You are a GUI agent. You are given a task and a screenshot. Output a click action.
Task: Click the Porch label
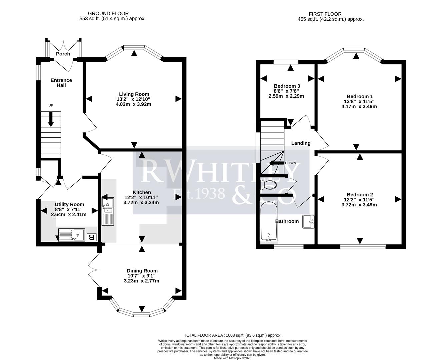(x=63, y=54)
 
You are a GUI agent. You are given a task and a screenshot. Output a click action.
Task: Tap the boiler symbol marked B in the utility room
(x=91, y=237)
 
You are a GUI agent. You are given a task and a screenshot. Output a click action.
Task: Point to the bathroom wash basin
(x=308, y=222)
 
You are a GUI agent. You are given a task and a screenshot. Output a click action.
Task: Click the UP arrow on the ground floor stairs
(x=51, y=119)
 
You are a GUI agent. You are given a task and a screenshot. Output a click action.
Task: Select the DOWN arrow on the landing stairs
(x=276, y=163)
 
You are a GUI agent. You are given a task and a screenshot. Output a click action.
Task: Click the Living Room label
(x=134, y=94)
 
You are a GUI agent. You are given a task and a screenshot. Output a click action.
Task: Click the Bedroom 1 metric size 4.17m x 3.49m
(x=359, y=107)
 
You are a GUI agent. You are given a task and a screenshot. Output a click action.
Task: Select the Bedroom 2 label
(x=360, y=195)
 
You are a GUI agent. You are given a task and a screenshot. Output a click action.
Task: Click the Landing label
(x=301, y=143)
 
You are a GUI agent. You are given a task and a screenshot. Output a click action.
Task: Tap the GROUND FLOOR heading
(x=113, y=14)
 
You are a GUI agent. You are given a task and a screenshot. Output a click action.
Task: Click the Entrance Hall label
(x=61, y=83)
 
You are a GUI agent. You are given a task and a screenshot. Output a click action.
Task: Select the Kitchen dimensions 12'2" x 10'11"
(x=141, y=197)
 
